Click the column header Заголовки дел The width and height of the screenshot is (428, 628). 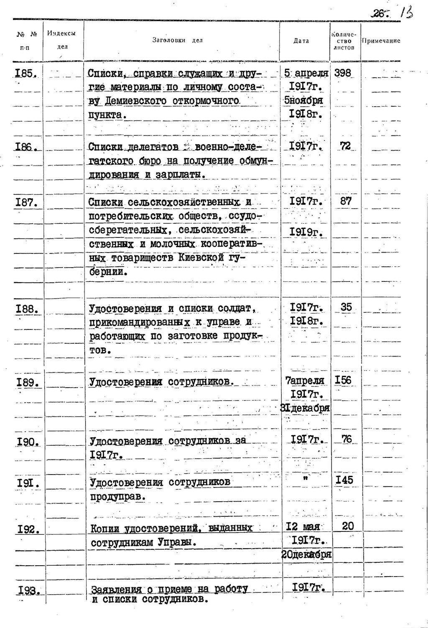pyautogui.click(x=177, y=41)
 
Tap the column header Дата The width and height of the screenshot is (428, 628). pyautogui.click(x=301, y=41)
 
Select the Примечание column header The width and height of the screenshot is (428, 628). pyautogui.click(x=381, y=41)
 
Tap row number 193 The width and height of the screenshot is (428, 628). pyautogui.click(x=29, y=590)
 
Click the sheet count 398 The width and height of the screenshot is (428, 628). pyautogui.click(x=342, y=73)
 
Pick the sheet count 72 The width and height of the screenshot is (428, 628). pyautogui.click(x=345, y=146)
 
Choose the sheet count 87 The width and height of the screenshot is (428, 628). pyautogui.click(x=346, y=201)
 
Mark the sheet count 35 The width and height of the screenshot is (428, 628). pyautogui.click(x=346, y=307)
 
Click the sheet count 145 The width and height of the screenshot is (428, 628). pyautogui.click(x=344, y=480)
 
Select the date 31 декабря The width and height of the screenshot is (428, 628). pyautogui.click(x=306, y=408)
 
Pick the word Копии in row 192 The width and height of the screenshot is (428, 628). pyautogui.click(x=105, y=528)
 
